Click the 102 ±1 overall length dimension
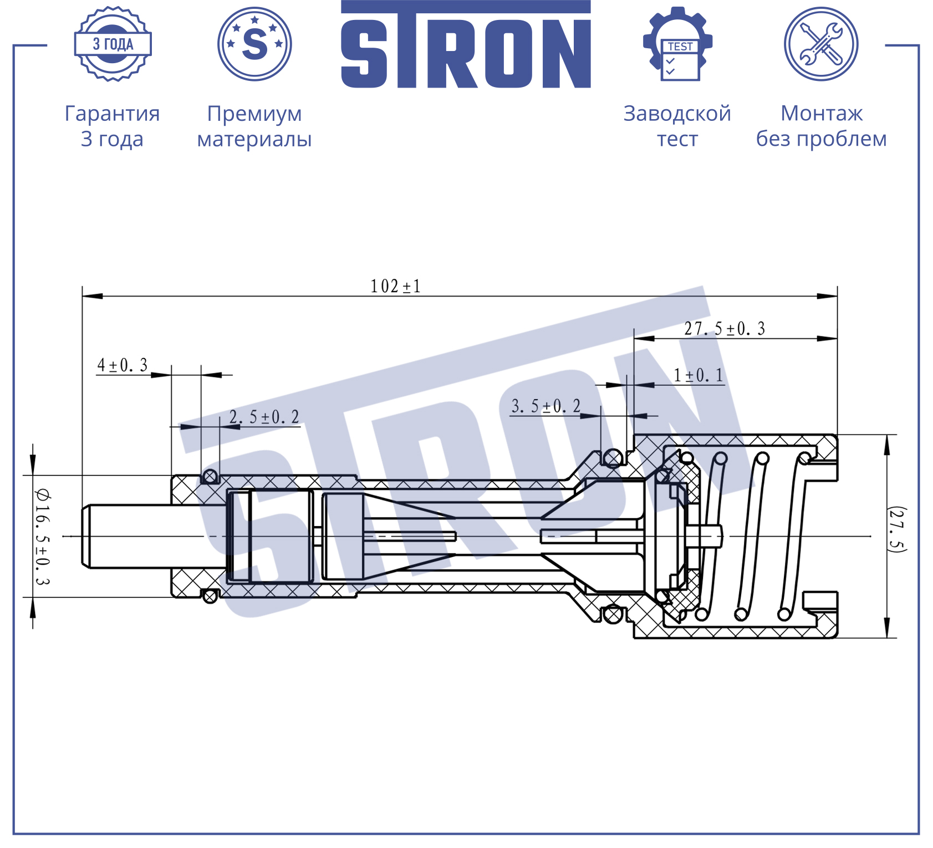tap(395, 286)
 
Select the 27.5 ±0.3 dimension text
tap(725, 329)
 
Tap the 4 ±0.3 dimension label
tap(123, 365)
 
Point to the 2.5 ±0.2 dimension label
tap(264, 417)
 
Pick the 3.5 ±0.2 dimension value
tap(546, 406)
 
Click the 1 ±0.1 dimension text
tap(699, 375)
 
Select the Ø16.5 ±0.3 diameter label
tap(43, 537)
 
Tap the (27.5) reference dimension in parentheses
tap(896, 530)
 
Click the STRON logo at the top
tap(466, 44)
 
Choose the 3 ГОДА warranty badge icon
tap(113, 44)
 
